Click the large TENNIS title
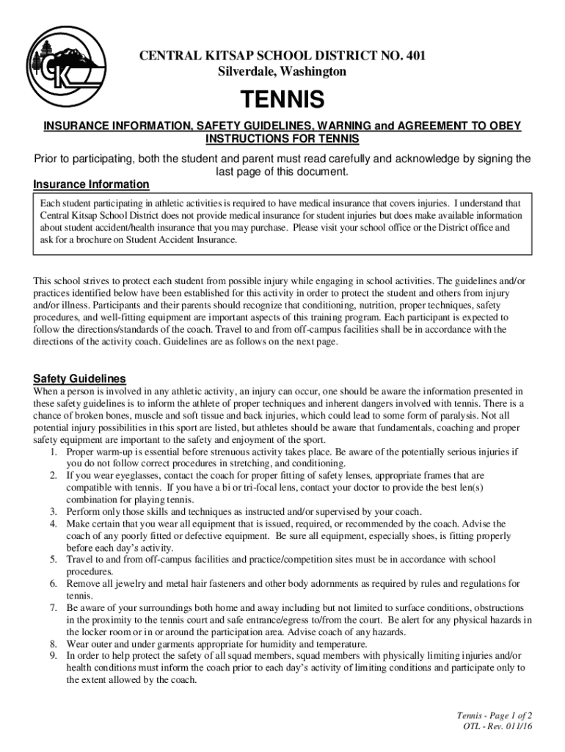[282, 98]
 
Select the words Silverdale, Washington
[282, 71]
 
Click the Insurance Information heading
[91, 184]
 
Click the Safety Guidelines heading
[79, 379]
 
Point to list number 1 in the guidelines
[54, 452]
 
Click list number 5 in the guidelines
[54, 560]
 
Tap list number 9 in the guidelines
[54, 656]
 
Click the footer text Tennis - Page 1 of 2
[494, 715]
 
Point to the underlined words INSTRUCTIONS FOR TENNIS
[282, 139]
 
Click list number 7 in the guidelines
[54, 608]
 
